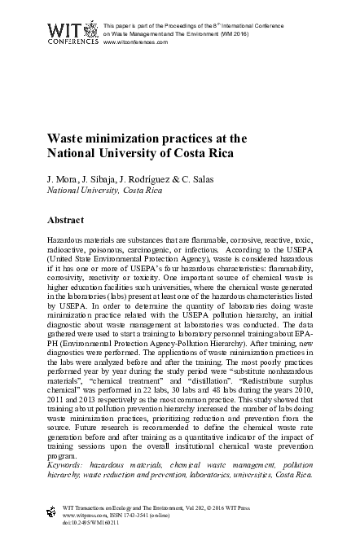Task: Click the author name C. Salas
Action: [x=183, y=176]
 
